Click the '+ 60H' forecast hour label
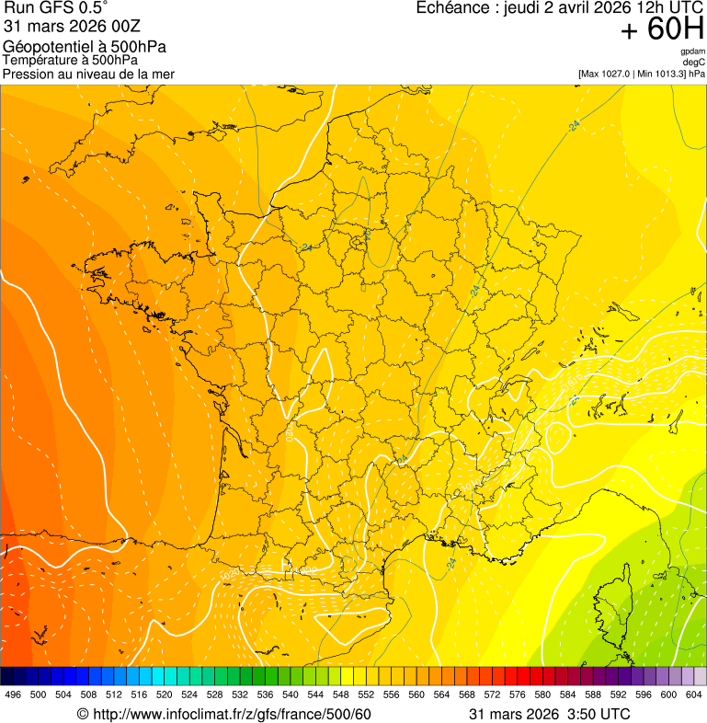click(x=662, y=29)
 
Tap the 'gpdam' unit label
click(x=693, y=52)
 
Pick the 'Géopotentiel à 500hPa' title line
click(x=85, y=47)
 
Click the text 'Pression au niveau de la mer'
click(x=88, y=74)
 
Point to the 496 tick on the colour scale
click(x=13, y=694)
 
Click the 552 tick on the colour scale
click(x=365, y=694)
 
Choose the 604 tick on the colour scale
click(x=693, y=694)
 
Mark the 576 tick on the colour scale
click(x=517, y=694)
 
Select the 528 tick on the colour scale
click(x=214, y=694)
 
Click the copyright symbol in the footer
click(x=83, y=715)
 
